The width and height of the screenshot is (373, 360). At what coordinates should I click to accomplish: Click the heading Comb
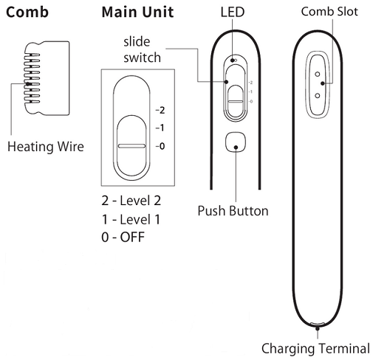click(x=27, y=13)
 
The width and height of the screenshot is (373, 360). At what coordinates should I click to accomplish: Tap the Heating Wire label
click(x=46, y=146)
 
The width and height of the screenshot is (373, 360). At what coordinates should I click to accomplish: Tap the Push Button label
click(x=233, y=210)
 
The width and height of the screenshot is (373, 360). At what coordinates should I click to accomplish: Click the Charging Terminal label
click(x=317, y=347)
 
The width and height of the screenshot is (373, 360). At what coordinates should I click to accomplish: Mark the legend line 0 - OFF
click(x=123, y=237)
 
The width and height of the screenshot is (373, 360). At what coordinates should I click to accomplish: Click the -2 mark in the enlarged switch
click(x=160, y=110)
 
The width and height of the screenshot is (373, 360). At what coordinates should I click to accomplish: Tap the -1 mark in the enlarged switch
click(x=160, y=128)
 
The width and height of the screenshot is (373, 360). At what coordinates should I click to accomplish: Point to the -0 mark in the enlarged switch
click(x=160, y=146)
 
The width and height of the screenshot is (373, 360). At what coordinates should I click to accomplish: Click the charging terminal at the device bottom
click(x=318, y=325)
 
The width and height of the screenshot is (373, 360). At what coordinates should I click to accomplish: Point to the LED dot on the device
click(x=233, y=61)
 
